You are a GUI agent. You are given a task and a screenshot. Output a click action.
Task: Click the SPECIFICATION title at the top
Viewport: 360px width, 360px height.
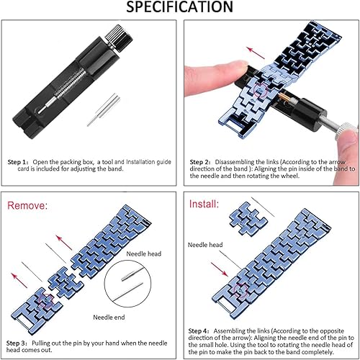coord(179,7)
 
